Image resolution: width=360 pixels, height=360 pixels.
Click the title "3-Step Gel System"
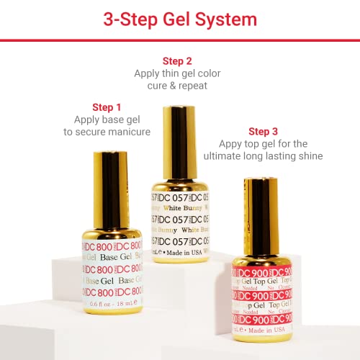pyautogui.click(x=179, y=19)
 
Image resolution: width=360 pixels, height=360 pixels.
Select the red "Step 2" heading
pyautogui.click(x=177, y=60)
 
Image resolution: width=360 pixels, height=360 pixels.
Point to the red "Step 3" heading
pyautogui.click(x=263, y=131)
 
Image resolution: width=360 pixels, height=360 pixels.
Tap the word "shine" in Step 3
pyautogui.click(x=308, y=156)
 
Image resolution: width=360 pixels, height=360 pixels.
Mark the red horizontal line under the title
pyautogui.click(x=180, y=40)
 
